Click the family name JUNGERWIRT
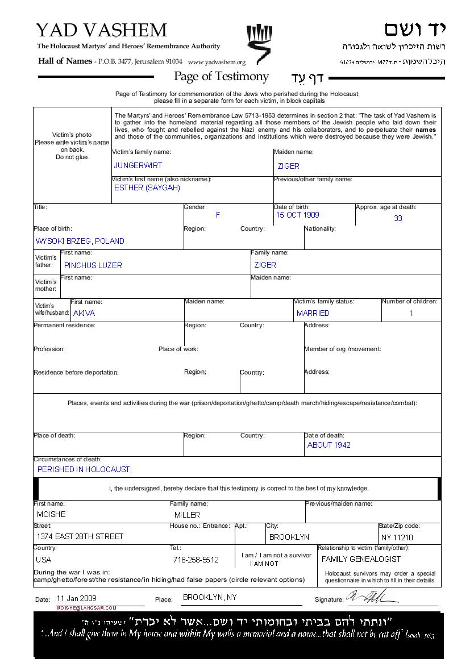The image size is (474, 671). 138,166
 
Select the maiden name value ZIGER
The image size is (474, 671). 288,166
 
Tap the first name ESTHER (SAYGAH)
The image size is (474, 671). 147,188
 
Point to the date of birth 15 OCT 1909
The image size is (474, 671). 297,215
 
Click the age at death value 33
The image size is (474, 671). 398,218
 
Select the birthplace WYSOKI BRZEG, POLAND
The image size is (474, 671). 80,241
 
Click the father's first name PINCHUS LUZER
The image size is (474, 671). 93,265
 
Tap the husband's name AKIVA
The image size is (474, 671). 84,313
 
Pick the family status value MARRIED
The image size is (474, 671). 313,313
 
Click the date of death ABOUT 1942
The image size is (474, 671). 329,445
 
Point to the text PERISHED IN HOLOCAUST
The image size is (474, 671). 84,470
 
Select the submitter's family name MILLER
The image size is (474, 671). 187,515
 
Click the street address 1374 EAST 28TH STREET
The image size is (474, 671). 80,537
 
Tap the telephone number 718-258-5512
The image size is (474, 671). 196,560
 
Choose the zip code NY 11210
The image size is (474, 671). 397,537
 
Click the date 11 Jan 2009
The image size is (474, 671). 77,599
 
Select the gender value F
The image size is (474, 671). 218,215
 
